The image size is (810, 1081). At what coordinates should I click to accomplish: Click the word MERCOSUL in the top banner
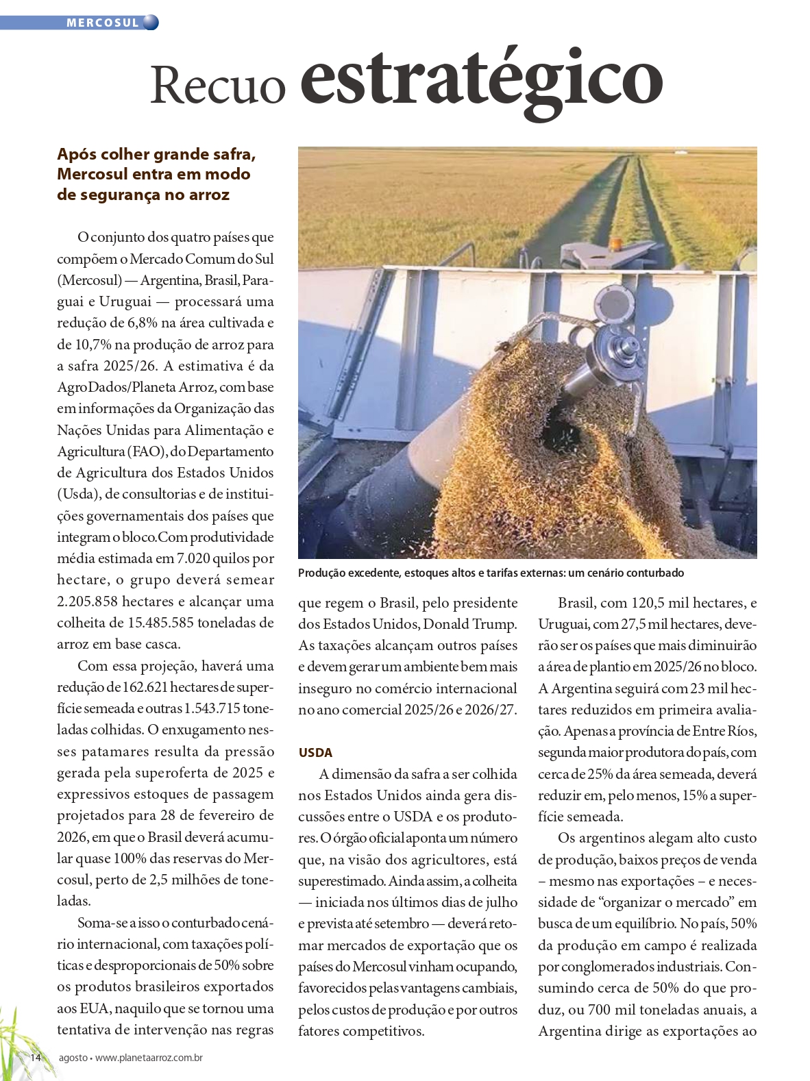click(103, 23)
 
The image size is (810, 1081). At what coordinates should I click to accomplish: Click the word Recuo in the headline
click(217, 85)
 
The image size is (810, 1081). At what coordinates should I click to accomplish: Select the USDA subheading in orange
click(315, 752)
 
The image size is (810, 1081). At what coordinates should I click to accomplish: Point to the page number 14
click(36, 1057)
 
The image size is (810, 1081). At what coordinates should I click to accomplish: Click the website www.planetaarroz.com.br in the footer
click(149, 1058)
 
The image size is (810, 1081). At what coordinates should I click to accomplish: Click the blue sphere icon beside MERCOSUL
click(151, 23)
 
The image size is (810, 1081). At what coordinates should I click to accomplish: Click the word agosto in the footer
click(73, 1058)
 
